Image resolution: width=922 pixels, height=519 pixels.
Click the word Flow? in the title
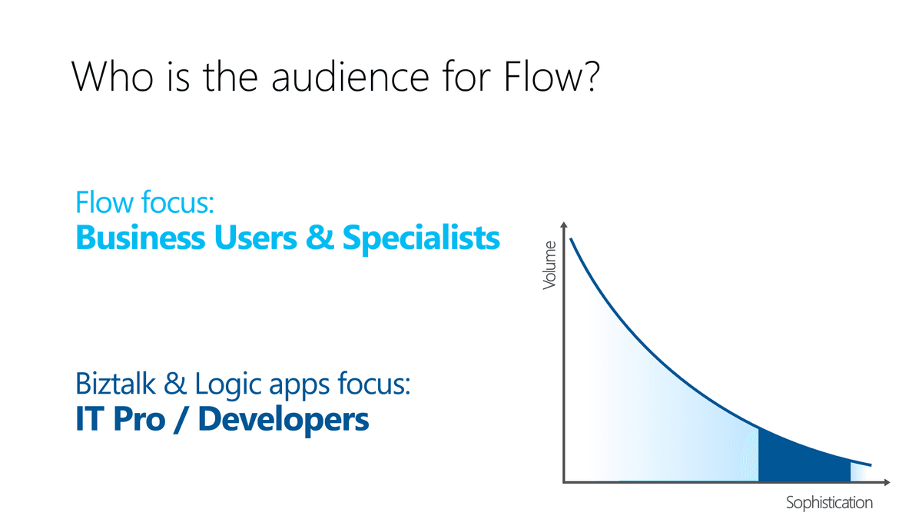(551, 77)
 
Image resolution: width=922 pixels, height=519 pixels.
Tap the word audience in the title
(350, 77)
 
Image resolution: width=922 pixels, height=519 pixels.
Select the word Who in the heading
(112, 77)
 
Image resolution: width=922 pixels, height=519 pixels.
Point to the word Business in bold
(140, 238)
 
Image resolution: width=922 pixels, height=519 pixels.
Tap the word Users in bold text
(255, 238)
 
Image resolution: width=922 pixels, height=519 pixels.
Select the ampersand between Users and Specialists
(320, 238)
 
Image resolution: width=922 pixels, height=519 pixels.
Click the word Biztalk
(115, 384)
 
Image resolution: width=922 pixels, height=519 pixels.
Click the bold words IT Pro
(120, 418)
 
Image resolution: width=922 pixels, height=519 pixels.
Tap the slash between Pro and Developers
(181, 419)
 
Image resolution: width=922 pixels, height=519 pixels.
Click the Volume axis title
(549, 266)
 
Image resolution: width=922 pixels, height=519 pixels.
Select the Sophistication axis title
(829, 503)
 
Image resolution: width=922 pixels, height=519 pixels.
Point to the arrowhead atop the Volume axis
(564, 225)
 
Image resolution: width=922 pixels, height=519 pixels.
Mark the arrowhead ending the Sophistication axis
(887, 482)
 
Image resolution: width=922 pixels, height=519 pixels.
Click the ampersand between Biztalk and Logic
(175, 384)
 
